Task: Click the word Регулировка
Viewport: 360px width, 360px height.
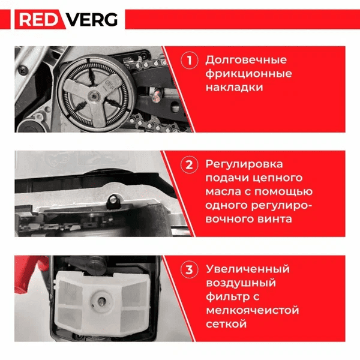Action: click(244, 164)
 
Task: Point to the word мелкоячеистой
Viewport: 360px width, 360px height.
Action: click(252, 310)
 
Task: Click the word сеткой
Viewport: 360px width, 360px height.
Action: click(226, 324)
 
